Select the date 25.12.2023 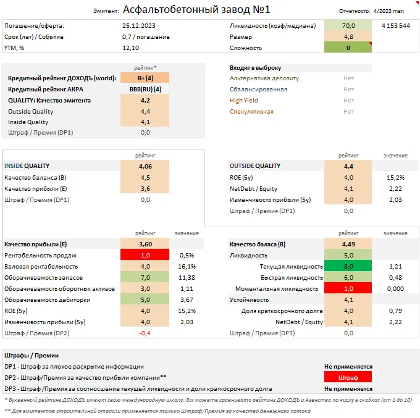[x=139, y=26]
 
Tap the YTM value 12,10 [x=130, y=48]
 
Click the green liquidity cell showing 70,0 [x=348, y=26]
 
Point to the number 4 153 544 [x=395, y=26]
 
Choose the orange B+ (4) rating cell [x=145, y=78]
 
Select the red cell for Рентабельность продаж [x=145, y=256]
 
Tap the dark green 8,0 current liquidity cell [x=348, y=267]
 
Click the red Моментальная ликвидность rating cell [x=348, y=289]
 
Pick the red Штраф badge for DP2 [x=348, y=377]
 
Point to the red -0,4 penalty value [x=145, y=333]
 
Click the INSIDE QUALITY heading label [x=27, y=166]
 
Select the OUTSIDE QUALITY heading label [x=255, y=166]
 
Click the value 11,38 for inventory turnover [x=187, y=278]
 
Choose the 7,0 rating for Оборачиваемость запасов [x=145, y=278]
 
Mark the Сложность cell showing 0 [x=348, y=48]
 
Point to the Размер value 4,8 [x=348, y=36]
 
